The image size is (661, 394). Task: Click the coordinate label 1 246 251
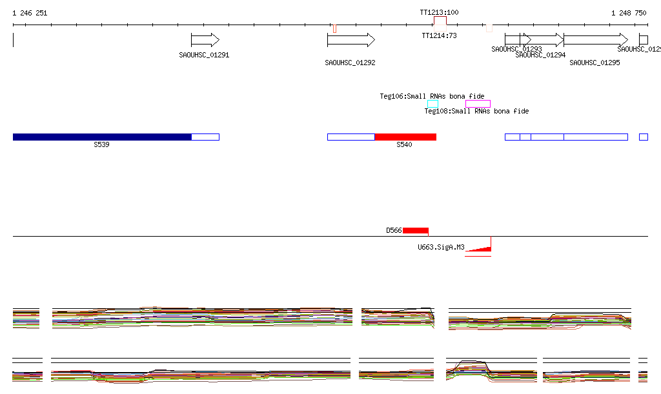pos(30,13)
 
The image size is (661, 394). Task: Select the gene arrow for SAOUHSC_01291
pos(205,40)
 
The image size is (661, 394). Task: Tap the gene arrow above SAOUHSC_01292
pos(351,40)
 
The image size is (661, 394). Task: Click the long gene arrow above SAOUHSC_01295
pos(595,40)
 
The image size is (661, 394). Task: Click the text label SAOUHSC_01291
pos(204,55)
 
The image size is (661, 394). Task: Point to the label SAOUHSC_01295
pos(595,63)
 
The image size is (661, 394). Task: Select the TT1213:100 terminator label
pos(439,12)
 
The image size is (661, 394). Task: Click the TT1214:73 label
pos(439,35)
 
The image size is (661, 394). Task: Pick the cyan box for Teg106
pos(432,104)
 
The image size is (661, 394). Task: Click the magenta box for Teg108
pos(478,104)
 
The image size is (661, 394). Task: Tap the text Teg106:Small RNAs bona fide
pos(432,96)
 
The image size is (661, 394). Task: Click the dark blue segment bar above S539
pos(102,137)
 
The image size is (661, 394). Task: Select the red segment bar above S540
pos(405,137)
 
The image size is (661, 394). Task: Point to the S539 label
pos(101,144)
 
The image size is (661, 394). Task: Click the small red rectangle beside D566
pos(416,230)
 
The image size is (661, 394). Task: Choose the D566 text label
pos(394,230)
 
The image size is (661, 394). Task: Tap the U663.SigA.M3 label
pos(441,247)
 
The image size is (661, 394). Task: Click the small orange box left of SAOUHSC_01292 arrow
pos(334,28)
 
